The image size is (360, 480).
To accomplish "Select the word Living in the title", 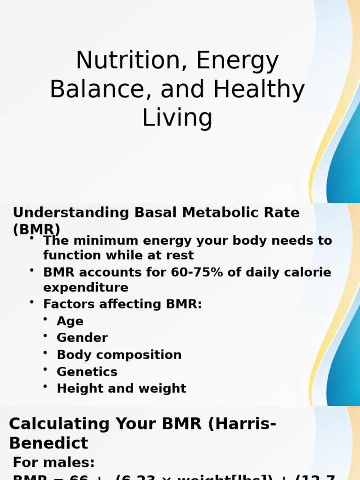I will (177, 118).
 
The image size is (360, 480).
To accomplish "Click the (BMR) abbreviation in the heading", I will (37, 229).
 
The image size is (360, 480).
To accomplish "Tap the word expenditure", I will (85, 287).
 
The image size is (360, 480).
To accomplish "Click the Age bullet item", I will (70, 321).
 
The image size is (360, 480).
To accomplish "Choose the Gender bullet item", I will (82, 338).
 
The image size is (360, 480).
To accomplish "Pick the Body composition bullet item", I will (119, 355).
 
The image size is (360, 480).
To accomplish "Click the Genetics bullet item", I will (87, 372).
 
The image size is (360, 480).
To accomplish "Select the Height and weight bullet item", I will (121, 389).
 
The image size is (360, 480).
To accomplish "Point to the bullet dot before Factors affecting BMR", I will (32, 302).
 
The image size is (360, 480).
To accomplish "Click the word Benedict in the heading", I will (48, 443).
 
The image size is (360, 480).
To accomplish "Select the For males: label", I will (54, 463).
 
